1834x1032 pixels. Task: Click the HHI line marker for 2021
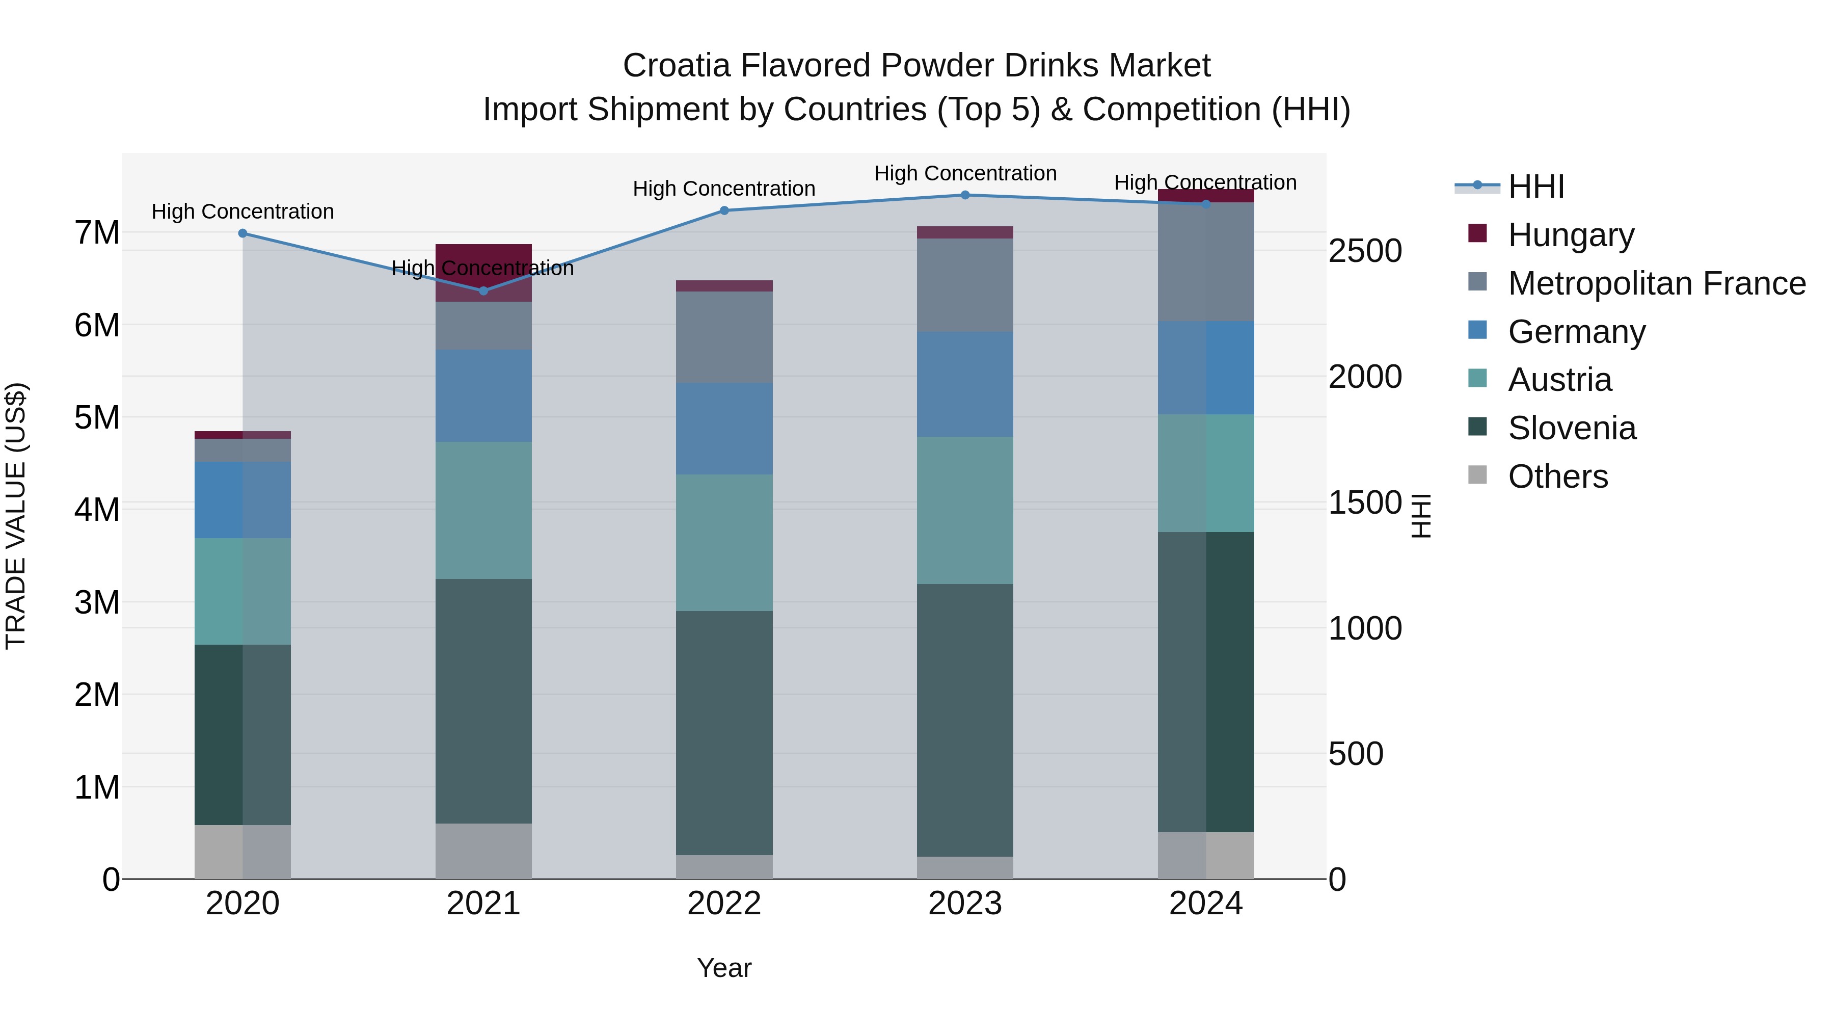pos(483,290)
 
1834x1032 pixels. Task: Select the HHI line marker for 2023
pos(965,195)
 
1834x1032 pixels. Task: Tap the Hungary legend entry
pos(1570,234)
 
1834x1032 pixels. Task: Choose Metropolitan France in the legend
pos(1656,283)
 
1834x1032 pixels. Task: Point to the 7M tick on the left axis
pos(97,233)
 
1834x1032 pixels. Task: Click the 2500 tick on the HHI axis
pos(1365,251)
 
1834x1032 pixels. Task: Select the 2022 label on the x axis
pos(724,904)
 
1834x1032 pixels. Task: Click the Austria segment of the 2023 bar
pos(965,510)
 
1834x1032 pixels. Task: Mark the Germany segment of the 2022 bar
pos(724,428)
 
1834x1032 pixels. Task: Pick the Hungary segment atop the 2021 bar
pos(483,273)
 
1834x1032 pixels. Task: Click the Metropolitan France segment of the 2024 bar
pos(1205,261)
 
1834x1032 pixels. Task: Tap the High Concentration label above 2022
pos(724,189)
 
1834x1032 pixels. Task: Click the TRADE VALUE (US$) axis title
pos(16,516)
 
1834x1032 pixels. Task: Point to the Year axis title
pos(724,968)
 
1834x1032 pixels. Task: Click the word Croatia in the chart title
pos(677,66)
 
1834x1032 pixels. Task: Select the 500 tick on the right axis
pos(1356,754)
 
